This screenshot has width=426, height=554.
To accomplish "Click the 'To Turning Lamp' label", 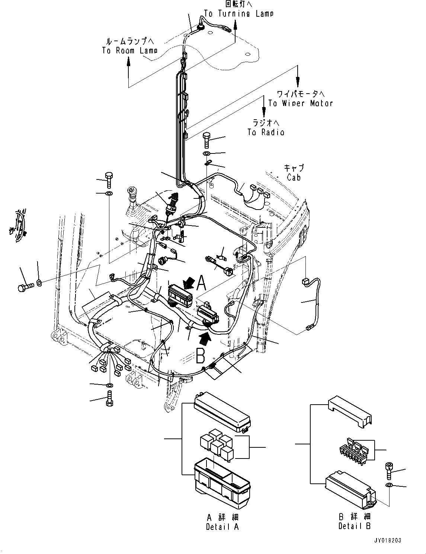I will pos(238,14).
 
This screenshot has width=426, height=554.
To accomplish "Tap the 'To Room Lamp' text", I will pos(129,50).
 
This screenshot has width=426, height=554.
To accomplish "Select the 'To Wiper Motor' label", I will pos(300,103).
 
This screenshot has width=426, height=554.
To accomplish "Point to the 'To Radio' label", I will pos(266,132).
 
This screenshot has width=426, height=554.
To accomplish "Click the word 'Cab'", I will pos(294,177).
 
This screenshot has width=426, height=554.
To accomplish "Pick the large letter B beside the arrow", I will pos(201,356).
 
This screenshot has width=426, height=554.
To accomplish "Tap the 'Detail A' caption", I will pos(222,526).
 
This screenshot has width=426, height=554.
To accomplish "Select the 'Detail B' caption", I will pos(355,526).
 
